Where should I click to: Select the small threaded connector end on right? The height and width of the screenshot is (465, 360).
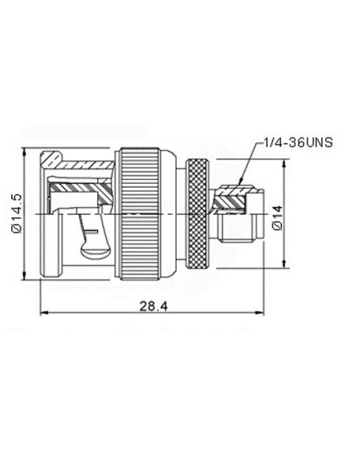(240, 231)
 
